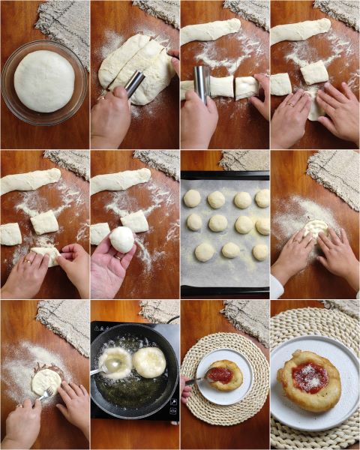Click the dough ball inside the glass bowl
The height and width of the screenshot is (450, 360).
(x=44, y=81)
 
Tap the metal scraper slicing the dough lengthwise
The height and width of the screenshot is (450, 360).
(x=135, y=82)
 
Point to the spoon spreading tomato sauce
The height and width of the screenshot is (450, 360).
(x=197, y=380)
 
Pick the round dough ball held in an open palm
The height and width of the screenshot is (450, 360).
(x=121, y=239)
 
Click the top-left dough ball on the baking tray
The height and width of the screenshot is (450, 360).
(x=193, y=198)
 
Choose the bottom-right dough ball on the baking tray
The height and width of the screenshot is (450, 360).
(x=260, y=252)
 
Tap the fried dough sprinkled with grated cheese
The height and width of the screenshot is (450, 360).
(x=309, y=379)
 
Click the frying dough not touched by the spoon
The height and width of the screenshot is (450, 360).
(x=149, y=362)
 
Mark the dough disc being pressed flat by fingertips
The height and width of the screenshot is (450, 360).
(x=315, y=227)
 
